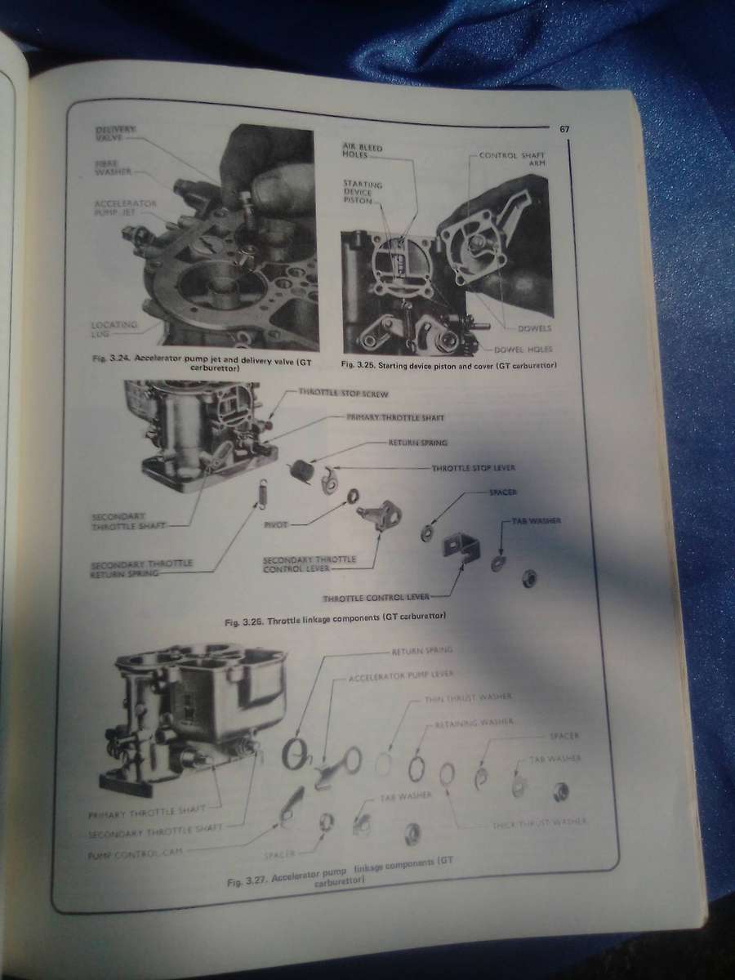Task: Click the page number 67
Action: click(x=564, y=129)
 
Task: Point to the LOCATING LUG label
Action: click(x=114, y=329)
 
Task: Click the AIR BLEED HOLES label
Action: click(x=362, y=150)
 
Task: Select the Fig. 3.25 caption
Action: click(x=448, y=363)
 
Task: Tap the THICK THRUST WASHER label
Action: click(x=538, y=821)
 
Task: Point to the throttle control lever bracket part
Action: click(x=461, y=551)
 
